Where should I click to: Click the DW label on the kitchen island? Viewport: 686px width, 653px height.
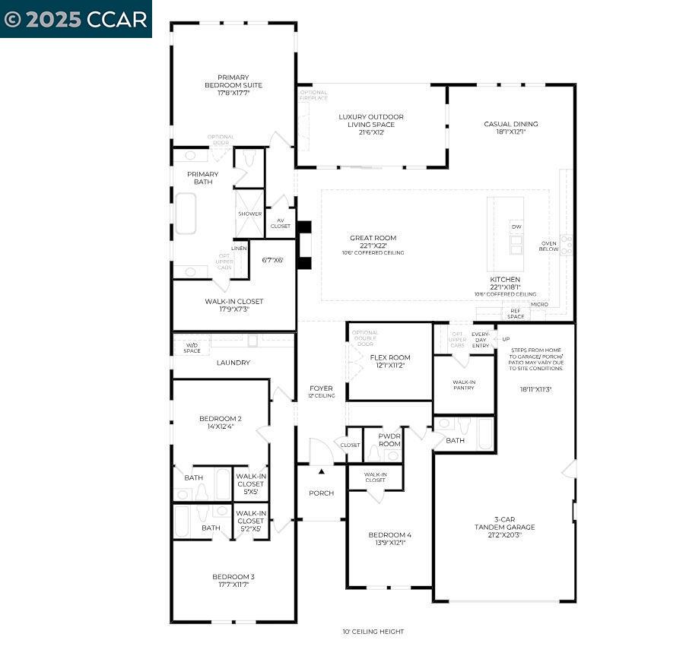pos(516,227)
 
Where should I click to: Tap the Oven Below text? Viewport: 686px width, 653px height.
pos(548,246)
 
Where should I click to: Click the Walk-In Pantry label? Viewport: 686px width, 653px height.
pos(463,385)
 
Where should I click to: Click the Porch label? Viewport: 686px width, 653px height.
pos(321,493)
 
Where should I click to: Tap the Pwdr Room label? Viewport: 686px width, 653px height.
pos(389,439)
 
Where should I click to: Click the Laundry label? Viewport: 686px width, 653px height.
pos(233,363)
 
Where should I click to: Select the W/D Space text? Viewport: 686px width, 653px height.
pos(192,347)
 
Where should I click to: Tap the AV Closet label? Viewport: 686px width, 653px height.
pos(280,223)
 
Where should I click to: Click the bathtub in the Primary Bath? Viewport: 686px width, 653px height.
pos(186,214)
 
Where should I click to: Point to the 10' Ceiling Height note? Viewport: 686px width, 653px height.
pos(373,632)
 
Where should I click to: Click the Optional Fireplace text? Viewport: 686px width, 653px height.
pos(313,95)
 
